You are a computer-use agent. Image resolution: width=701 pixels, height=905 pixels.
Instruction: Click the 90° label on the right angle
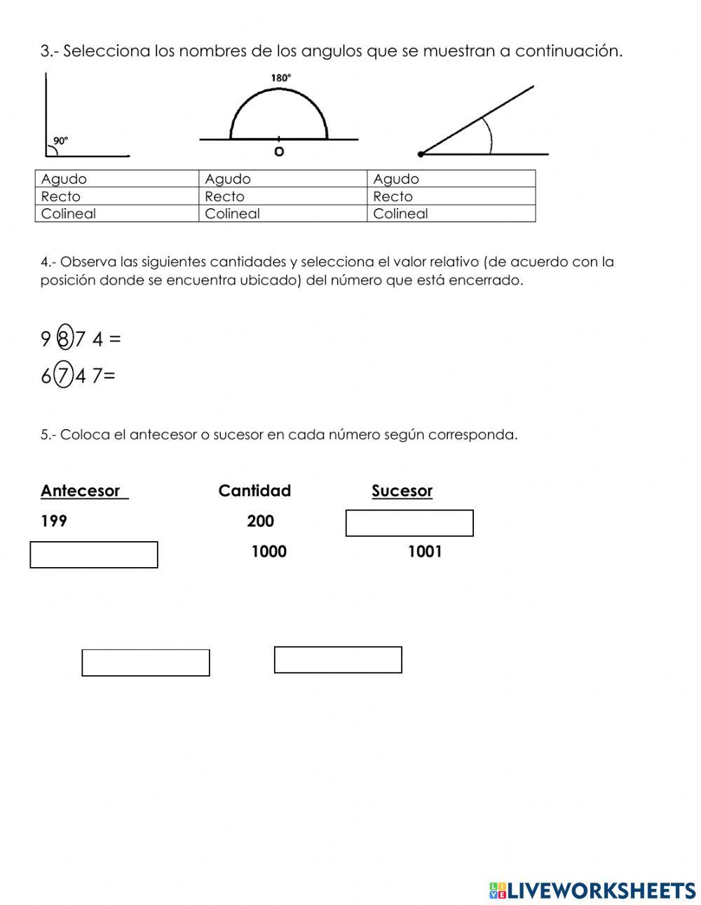click(x=61, y=140)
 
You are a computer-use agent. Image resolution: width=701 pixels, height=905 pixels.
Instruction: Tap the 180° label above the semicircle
click(x=280, y=78)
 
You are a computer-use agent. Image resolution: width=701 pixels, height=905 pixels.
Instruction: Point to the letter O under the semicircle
click(x=279, y=151)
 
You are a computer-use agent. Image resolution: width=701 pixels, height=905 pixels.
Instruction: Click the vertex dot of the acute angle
click(x=421, y=154)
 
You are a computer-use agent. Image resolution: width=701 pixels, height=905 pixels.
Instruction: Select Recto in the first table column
click(x=61, y=196)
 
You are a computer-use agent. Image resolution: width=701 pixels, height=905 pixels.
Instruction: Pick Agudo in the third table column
click(x=396, y=179)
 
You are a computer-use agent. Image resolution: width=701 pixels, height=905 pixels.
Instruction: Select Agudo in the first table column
click(x=64, y=179)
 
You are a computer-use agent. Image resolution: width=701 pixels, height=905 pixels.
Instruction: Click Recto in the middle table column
click(x=224, y=196)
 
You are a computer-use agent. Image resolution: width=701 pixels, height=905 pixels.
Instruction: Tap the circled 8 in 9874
click(x=64, y=339)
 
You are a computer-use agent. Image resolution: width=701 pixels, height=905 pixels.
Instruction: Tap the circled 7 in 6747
click(x=64, y=376)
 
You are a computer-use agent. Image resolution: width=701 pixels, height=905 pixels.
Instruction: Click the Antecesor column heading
click(x=81, y=491)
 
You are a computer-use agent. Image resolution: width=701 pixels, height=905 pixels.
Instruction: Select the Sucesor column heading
click(x=402, y=491)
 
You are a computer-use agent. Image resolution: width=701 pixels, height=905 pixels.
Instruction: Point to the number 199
click(x=54, y=521)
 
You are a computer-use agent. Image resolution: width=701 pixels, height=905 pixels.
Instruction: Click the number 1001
click(x=425, y=552)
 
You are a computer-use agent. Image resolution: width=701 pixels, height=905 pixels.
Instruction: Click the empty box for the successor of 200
click(x=409, y=523)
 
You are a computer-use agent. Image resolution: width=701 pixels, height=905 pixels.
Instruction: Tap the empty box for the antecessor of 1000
click(x=94, y=554)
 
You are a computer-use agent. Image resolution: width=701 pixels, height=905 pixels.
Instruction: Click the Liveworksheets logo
click(x=592, y=890)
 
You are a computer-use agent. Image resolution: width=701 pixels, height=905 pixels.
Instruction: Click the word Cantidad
click(x=254, y=491)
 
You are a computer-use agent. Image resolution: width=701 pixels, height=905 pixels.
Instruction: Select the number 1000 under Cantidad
click(x=269, y=552)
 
